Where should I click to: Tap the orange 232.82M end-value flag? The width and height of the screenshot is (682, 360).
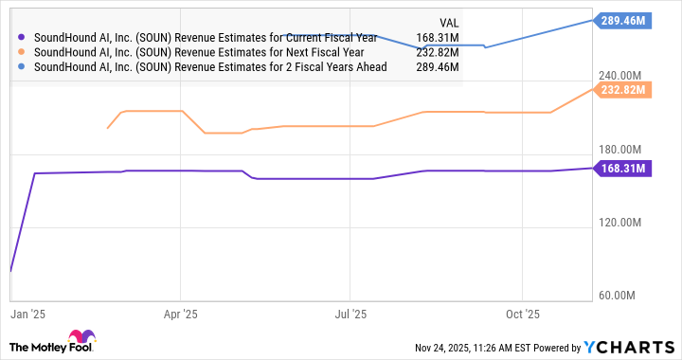coord(621,90)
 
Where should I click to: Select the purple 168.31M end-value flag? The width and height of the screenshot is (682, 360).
coord(621,169)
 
